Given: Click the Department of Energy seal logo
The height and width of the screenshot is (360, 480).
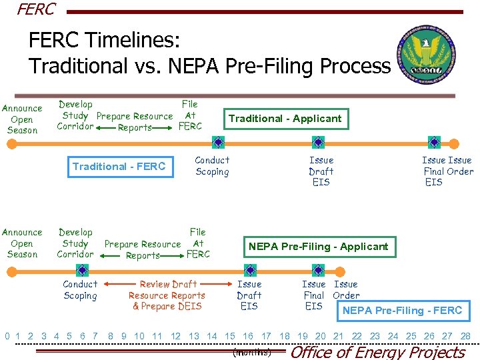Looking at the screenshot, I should point(427,57).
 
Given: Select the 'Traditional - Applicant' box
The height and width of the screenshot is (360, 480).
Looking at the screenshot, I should point(285,119).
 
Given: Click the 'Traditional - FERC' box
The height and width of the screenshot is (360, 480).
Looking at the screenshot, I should point(119,167).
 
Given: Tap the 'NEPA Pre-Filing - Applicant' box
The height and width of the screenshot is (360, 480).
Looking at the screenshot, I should point(318,247).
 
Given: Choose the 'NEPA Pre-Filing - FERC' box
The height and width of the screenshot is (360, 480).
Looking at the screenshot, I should point(402,311).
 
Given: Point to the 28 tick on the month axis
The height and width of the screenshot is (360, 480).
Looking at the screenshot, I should point(465,336).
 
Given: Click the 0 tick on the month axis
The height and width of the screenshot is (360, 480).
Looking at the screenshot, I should point(7,336).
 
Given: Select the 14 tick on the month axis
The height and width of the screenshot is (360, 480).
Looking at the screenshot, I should point(212,336).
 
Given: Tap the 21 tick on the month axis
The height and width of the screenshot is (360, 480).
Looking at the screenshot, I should point(338,336).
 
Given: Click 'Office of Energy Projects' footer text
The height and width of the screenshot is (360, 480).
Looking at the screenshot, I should point(378,352).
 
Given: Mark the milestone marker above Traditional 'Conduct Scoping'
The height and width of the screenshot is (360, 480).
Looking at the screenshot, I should point(217,142).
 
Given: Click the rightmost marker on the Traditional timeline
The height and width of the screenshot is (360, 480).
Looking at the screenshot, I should point(434,142).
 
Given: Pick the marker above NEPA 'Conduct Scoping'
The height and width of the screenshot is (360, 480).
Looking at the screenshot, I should point(81,270).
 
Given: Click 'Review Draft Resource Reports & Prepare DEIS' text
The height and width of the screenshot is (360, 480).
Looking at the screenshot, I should point(167,295).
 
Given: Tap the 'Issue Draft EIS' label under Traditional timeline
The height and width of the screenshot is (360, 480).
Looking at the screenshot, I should point(321,171).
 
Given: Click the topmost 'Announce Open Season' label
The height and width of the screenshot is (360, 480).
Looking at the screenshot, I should point(22,119).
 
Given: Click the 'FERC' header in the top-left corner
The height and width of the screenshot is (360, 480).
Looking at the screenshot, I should point(36,9).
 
